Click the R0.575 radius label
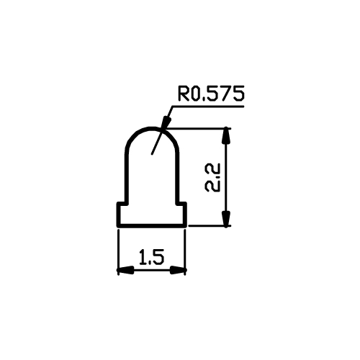click(x=211, y=93)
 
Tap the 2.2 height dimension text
click(x=212, y=178)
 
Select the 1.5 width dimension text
click(x=152, y=257)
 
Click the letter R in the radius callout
click(x=183, y=93)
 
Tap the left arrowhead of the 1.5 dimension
click(x=126, y=270)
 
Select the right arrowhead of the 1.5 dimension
click(x=178, y=270)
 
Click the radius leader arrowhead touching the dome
click(x=166, y=123)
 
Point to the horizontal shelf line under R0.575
click(x=208, y=106)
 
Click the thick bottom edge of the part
click(x=152, y=225)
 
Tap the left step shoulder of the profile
click(x=122, y=204)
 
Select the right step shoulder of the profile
click(x=181, y=204)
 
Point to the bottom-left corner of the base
click(x=117, y=227)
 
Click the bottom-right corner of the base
click(x=186, y=227)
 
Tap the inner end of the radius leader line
click(x=152, y=153)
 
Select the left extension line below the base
click(x=118, y=252)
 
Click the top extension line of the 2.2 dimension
click(x=199, y=129)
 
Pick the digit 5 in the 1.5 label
click(x=158, y=257)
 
